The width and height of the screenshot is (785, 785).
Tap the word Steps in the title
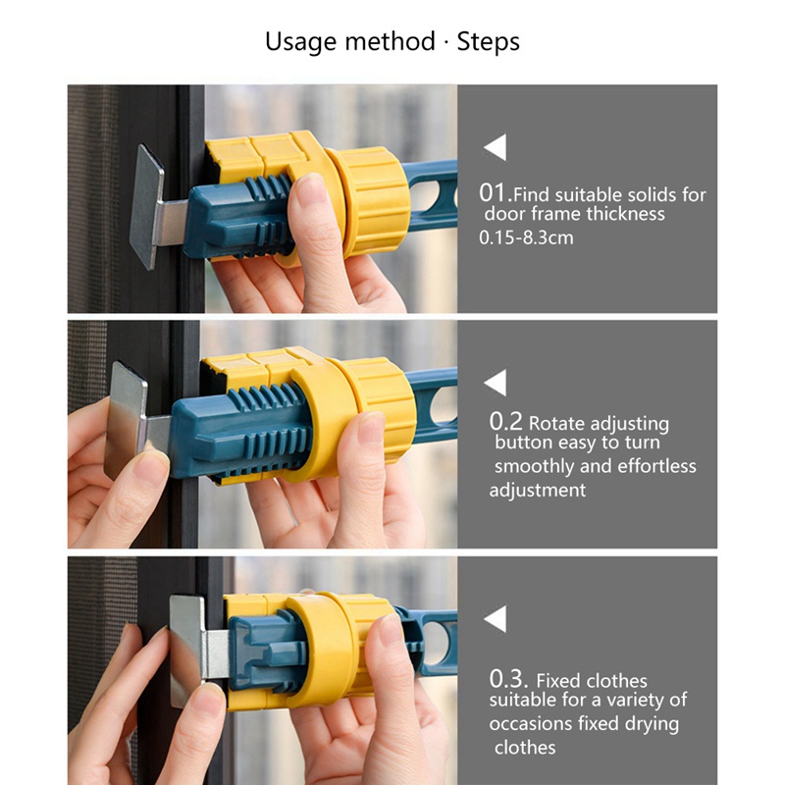coord(488,41)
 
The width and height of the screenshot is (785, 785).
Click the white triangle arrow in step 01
coord(496,147)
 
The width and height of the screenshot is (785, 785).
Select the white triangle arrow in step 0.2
coord(496,383)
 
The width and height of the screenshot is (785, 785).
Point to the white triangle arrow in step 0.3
coord(496,619)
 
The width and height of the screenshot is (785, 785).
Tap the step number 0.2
coord(505,422)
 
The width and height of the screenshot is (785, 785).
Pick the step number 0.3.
coord(508,679)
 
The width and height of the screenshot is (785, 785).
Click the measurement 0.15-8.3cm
coord(526,237)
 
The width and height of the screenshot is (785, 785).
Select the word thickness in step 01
coord(626,214)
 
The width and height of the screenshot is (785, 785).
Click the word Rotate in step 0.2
coord(556,424)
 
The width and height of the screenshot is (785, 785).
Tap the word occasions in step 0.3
coord(531,723)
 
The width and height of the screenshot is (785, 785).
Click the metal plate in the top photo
coord(146,206)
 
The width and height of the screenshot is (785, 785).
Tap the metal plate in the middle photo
coord(126,421)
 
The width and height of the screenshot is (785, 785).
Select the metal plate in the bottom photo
coord(187,651)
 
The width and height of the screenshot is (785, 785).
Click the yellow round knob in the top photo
coord(370,200)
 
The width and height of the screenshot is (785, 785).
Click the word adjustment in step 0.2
coord(537,490)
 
